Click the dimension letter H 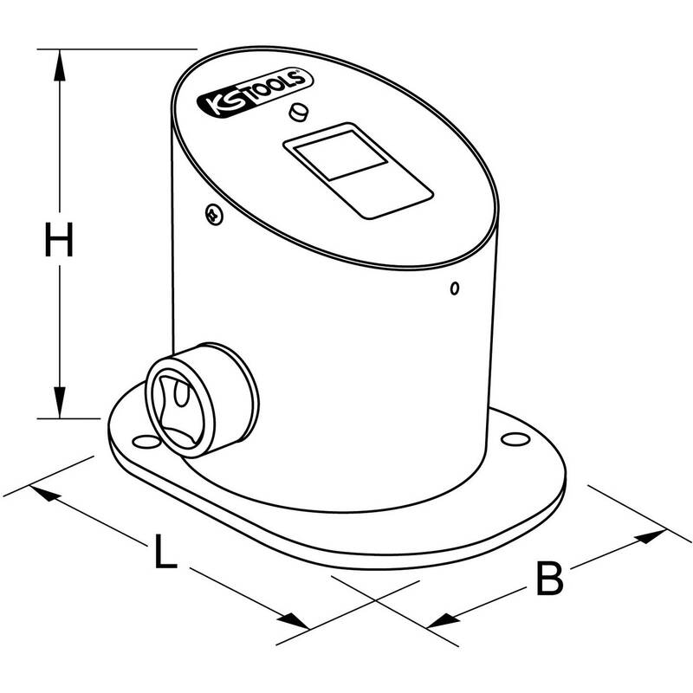click(59, 239)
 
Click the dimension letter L click(165, 551)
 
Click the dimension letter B click(549, 578)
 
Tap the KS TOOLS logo click(255, 94)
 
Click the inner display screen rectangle click(340, 155)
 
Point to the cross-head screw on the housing click(214, 214)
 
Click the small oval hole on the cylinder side click(454, 288)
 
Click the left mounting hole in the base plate click(146, 441)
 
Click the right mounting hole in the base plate click(515, 439)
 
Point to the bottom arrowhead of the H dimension click(59, 402)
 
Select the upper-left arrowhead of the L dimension click(45, 493)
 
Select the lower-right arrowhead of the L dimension click(294, 620)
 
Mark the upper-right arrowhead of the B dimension click(651, 536)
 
